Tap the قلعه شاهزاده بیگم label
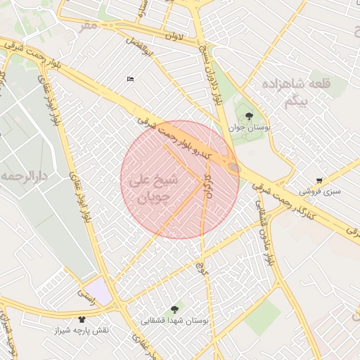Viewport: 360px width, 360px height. [306, 92]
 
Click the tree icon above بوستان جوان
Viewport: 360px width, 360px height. [249, 116]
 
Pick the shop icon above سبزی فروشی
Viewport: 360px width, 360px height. [320, 181]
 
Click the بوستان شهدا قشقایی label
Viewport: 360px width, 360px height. [174, 321]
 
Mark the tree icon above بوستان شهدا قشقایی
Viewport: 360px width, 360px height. [174, 309]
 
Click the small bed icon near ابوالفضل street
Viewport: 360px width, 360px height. [130, 79]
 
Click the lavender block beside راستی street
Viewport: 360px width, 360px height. [101, 291]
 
